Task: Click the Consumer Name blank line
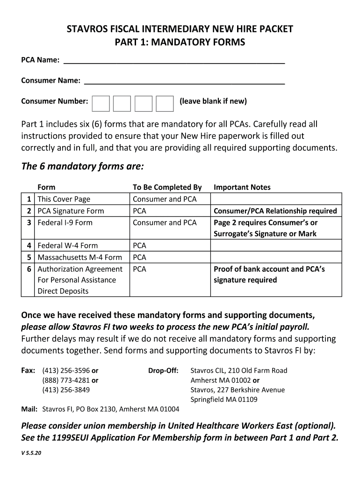184,81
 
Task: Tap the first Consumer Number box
101,103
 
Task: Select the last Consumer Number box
165,103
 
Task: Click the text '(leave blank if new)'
213,102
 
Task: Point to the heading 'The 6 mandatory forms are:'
82,167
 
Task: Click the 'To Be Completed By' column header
167,187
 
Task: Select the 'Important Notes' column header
242,187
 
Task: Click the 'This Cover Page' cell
64,199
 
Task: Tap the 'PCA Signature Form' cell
71,211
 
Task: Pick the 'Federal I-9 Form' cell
65,223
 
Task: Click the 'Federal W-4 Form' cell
65,246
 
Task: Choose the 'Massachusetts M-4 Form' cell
79,257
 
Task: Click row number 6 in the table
29,269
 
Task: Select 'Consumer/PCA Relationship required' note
275,211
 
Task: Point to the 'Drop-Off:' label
163,370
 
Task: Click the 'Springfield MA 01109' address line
223,399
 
